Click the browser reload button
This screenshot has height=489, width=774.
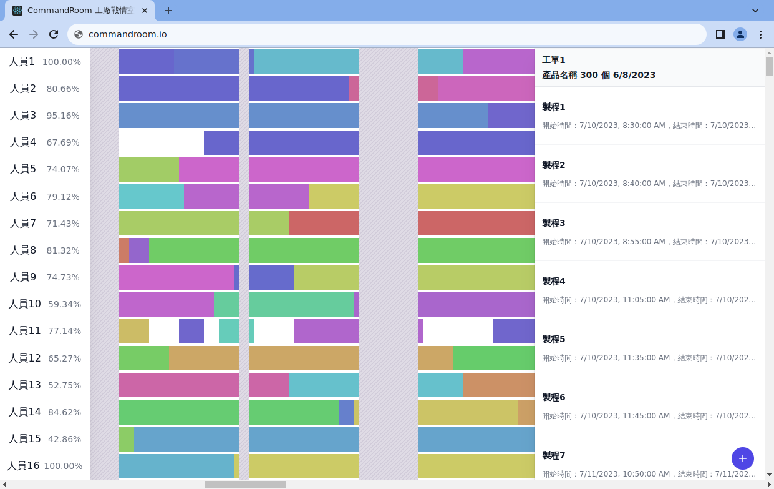[x=54, y=34]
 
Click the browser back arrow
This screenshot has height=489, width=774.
[x=14, y=34]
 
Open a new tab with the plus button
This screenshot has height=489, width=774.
[x=168, y=11]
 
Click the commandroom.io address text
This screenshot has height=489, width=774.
[x=127, y=34]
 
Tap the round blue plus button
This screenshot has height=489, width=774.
[x=742, y=458]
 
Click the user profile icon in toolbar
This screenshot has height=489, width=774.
[x=740, y=34]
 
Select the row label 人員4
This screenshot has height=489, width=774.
[x=23, y=142]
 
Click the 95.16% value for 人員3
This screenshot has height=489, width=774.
[x=63, y=116]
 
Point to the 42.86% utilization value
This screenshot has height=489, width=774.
[x=64, y=439]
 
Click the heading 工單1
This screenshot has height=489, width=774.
[x=553, y=60]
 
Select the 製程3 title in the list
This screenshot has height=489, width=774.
[x=553, y=223]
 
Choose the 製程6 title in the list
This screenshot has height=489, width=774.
[x=553, y=397]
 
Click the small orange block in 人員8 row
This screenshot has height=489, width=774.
[x=123, y=250]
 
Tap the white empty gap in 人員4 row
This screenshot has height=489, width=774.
[x=161, y=142]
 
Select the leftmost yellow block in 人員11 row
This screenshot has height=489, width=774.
[x=133, y=331]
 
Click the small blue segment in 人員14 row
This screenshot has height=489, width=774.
[x=346, y=412]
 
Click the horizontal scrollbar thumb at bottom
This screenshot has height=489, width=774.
[x=245, y=484]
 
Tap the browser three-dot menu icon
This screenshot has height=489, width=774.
[x=760, y=34]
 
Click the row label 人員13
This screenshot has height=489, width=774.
[x=24, y=385]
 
